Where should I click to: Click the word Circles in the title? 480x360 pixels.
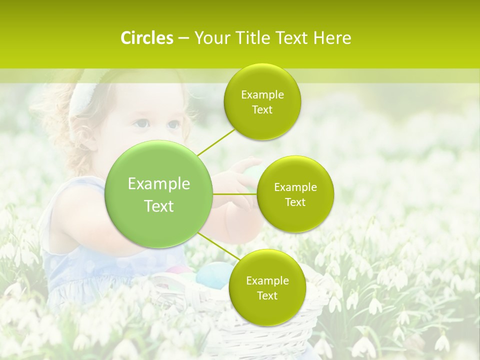click(146, 38)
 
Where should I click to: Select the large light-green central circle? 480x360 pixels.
click(159, 195)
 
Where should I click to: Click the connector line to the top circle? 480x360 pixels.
click(216, 141)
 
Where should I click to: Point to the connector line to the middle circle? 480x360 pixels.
click(235, 193)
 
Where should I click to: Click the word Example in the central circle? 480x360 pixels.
click(159, 184)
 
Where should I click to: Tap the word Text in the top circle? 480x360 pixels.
click(262, 110)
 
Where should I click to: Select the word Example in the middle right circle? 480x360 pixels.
click(295, 187)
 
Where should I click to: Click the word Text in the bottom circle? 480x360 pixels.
click(267, 296)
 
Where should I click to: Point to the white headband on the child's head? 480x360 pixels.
click(80, 100)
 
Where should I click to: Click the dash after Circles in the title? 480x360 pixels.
click(183, 38)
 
